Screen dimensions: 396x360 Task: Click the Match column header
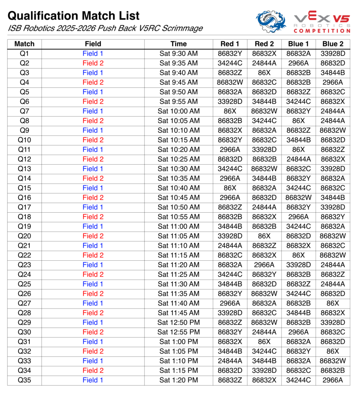(24, 44)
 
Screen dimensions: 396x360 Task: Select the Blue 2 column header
(333, 44)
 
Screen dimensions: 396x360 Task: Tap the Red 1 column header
(230, 44)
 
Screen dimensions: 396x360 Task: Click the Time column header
(178, 44)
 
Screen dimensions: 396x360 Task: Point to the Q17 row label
(24, 207)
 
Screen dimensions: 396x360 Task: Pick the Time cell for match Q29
(178, 323)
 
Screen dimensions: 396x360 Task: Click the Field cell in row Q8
(93, 121)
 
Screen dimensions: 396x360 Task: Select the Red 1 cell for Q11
(230, 150)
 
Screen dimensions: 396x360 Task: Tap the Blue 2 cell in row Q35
(333, 380)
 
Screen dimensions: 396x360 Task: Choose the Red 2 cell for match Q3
(264, 73)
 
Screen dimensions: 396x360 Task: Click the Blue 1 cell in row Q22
(298, 255)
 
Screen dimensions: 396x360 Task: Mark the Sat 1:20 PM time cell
(178, 380)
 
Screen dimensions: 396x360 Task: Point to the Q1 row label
(24, 54)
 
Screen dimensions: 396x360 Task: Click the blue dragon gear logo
(271, 22)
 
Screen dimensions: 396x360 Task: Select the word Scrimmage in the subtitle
(182, 29)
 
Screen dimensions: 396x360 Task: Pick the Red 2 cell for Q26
(264, 294)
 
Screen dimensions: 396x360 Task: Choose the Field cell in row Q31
(93, 342)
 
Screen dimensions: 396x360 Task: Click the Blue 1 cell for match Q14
(298, 178)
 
